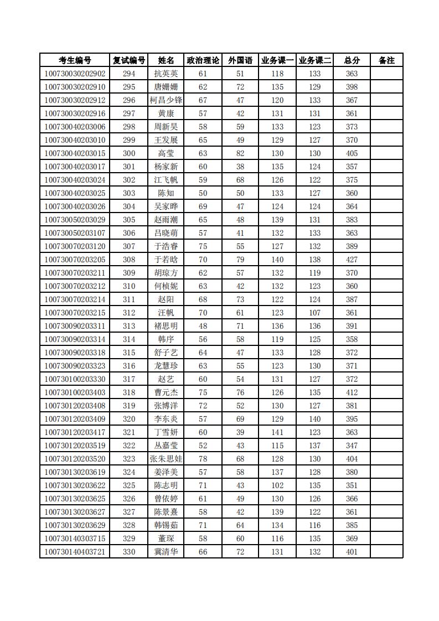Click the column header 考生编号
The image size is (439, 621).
pyautogui.click(x=75, y=60)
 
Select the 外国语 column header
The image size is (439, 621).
pyautogui.click(x=240, y=60)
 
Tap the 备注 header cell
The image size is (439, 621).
pyautogui.click(x=386, y=60)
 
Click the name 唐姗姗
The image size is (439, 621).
pyautogui.click(x=166, y=87)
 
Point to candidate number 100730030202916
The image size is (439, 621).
pyautogui.click(x=75, y=113)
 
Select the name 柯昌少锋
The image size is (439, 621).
pyautogui.click(x=166, y=100)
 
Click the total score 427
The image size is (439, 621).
pyautogui.click(x=352, y=260)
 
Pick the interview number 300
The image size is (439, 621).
pyautogui.click(x=129, y=153)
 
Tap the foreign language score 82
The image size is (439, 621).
pyautogui.click(x=240, y=153)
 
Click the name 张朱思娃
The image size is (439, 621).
pyautogui.click(x=166, y=459)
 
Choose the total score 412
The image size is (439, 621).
pyautogui.click(x=352, y=392)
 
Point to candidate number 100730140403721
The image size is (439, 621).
pyautogui.click(x=75, y=552)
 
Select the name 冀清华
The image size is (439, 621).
pyautogui.click(x=166, y=552)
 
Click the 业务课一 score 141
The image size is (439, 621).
pyautogui.click(x=277, y=432)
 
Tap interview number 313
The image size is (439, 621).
pyautogui.click(x=129, y=326)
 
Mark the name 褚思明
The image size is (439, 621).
pyautogui.click(x=166, y=326)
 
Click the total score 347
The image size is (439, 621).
pyautogui.click(x=352, y=446)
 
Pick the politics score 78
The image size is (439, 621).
pyautogui.click(x=203, y=459)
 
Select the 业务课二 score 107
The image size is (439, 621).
pyautogui.click(x=314, y=313)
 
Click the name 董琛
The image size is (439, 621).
pyautogui.click(x=166, y=539)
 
